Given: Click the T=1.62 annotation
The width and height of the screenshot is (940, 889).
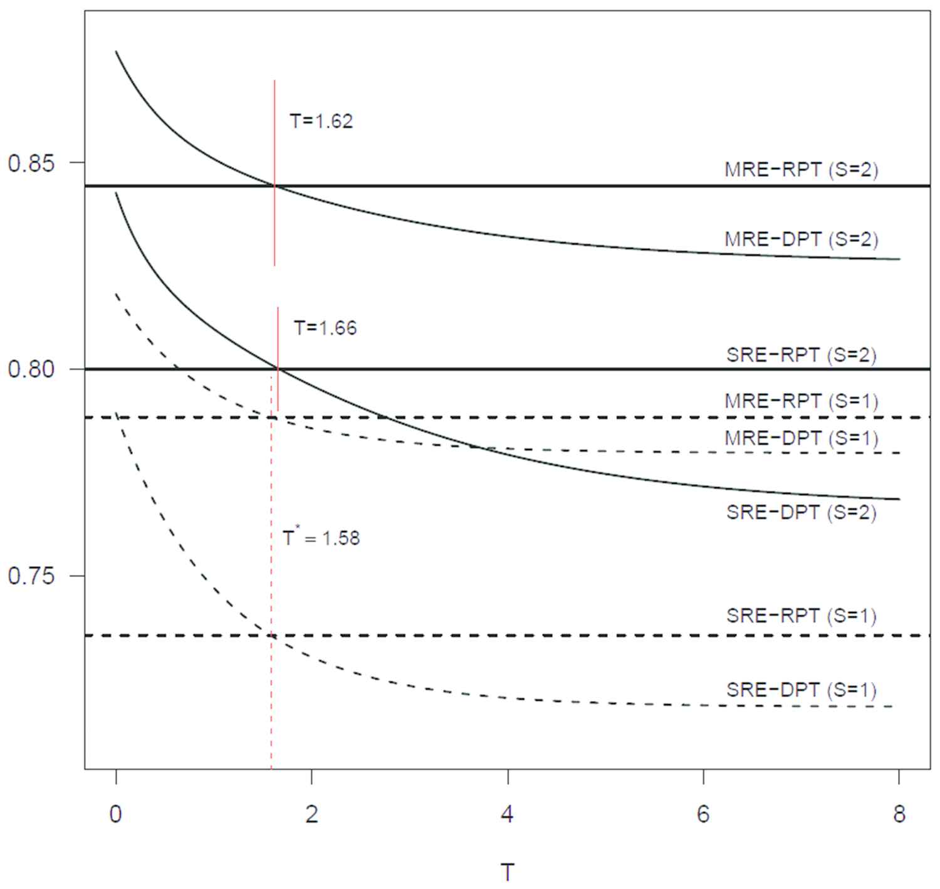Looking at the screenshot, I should pos(321,121).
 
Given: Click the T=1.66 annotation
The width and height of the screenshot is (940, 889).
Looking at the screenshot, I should pos(325,328).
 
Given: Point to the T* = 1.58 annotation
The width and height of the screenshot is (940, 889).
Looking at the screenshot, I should pos(321,538).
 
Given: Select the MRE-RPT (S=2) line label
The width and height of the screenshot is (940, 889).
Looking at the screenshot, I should pos(802,170).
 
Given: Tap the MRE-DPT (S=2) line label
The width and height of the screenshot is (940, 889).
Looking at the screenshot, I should pos(802,239).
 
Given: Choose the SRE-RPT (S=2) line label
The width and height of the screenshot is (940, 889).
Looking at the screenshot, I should pos(802,355).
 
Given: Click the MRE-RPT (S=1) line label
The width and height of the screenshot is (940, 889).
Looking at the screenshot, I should pos(802,401).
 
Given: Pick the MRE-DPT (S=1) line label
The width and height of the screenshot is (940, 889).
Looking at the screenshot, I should pos(802,438).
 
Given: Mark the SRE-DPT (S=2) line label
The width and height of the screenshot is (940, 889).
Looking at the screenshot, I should pos(802,512).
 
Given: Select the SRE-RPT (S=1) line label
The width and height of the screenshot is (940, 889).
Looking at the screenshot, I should pos(802,616).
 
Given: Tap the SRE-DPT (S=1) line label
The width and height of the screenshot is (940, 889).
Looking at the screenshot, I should pos(802,690).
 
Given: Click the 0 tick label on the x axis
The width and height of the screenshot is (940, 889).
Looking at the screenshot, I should pos(116,814).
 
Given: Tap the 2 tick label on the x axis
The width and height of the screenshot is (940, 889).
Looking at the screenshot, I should pos(311,814).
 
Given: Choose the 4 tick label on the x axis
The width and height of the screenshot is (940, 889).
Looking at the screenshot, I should pos(508,814).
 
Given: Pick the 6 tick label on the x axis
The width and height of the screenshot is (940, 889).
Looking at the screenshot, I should pos(703,814).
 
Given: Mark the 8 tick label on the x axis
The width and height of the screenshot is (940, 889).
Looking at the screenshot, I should pos(899,814).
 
